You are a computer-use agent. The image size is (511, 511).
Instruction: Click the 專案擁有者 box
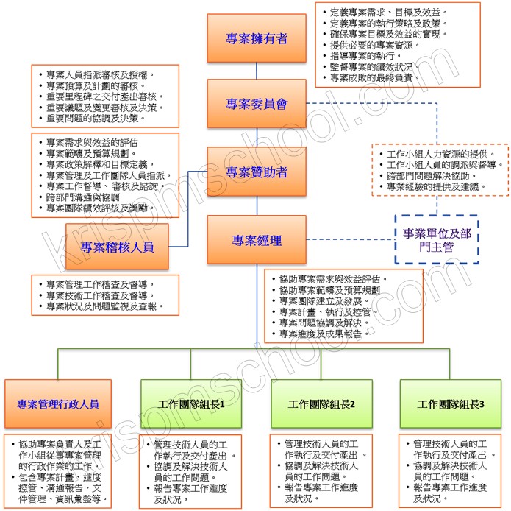[x=257, y=38]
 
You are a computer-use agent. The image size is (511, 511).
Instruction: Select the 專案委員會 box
[x=257, y=105]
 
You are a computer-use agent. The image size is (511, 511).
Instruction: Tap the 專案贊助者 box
[x=257, y=172]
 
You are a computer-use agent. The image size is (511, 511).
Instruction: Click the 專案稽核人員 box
[x=118, y=247]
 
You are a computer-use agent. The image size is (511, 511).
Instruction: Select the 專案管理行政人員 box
[x=58, y=404]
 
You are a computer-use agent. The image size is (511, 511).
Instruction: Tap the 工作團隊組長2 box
[x=321, y=404]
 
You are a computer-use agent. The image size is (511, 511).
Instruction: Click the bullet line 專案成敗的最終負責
[x=375, y=77]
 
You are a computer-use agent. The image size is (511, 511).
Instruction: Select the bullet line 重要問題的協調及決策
[x=96, y=118]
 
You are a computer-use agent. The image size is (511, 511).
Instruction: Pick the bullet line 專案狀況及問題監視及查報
[x=103, y=306]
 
